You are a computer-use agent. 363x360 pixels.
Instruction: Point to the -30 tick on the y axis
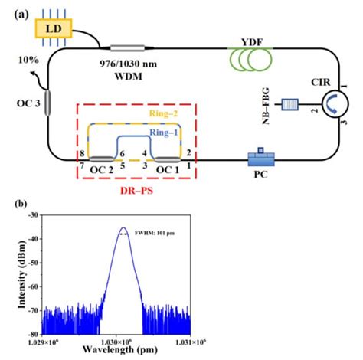(32, 217)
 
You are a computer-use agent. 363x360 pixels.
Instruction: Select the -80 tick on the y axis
(32, 334)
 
